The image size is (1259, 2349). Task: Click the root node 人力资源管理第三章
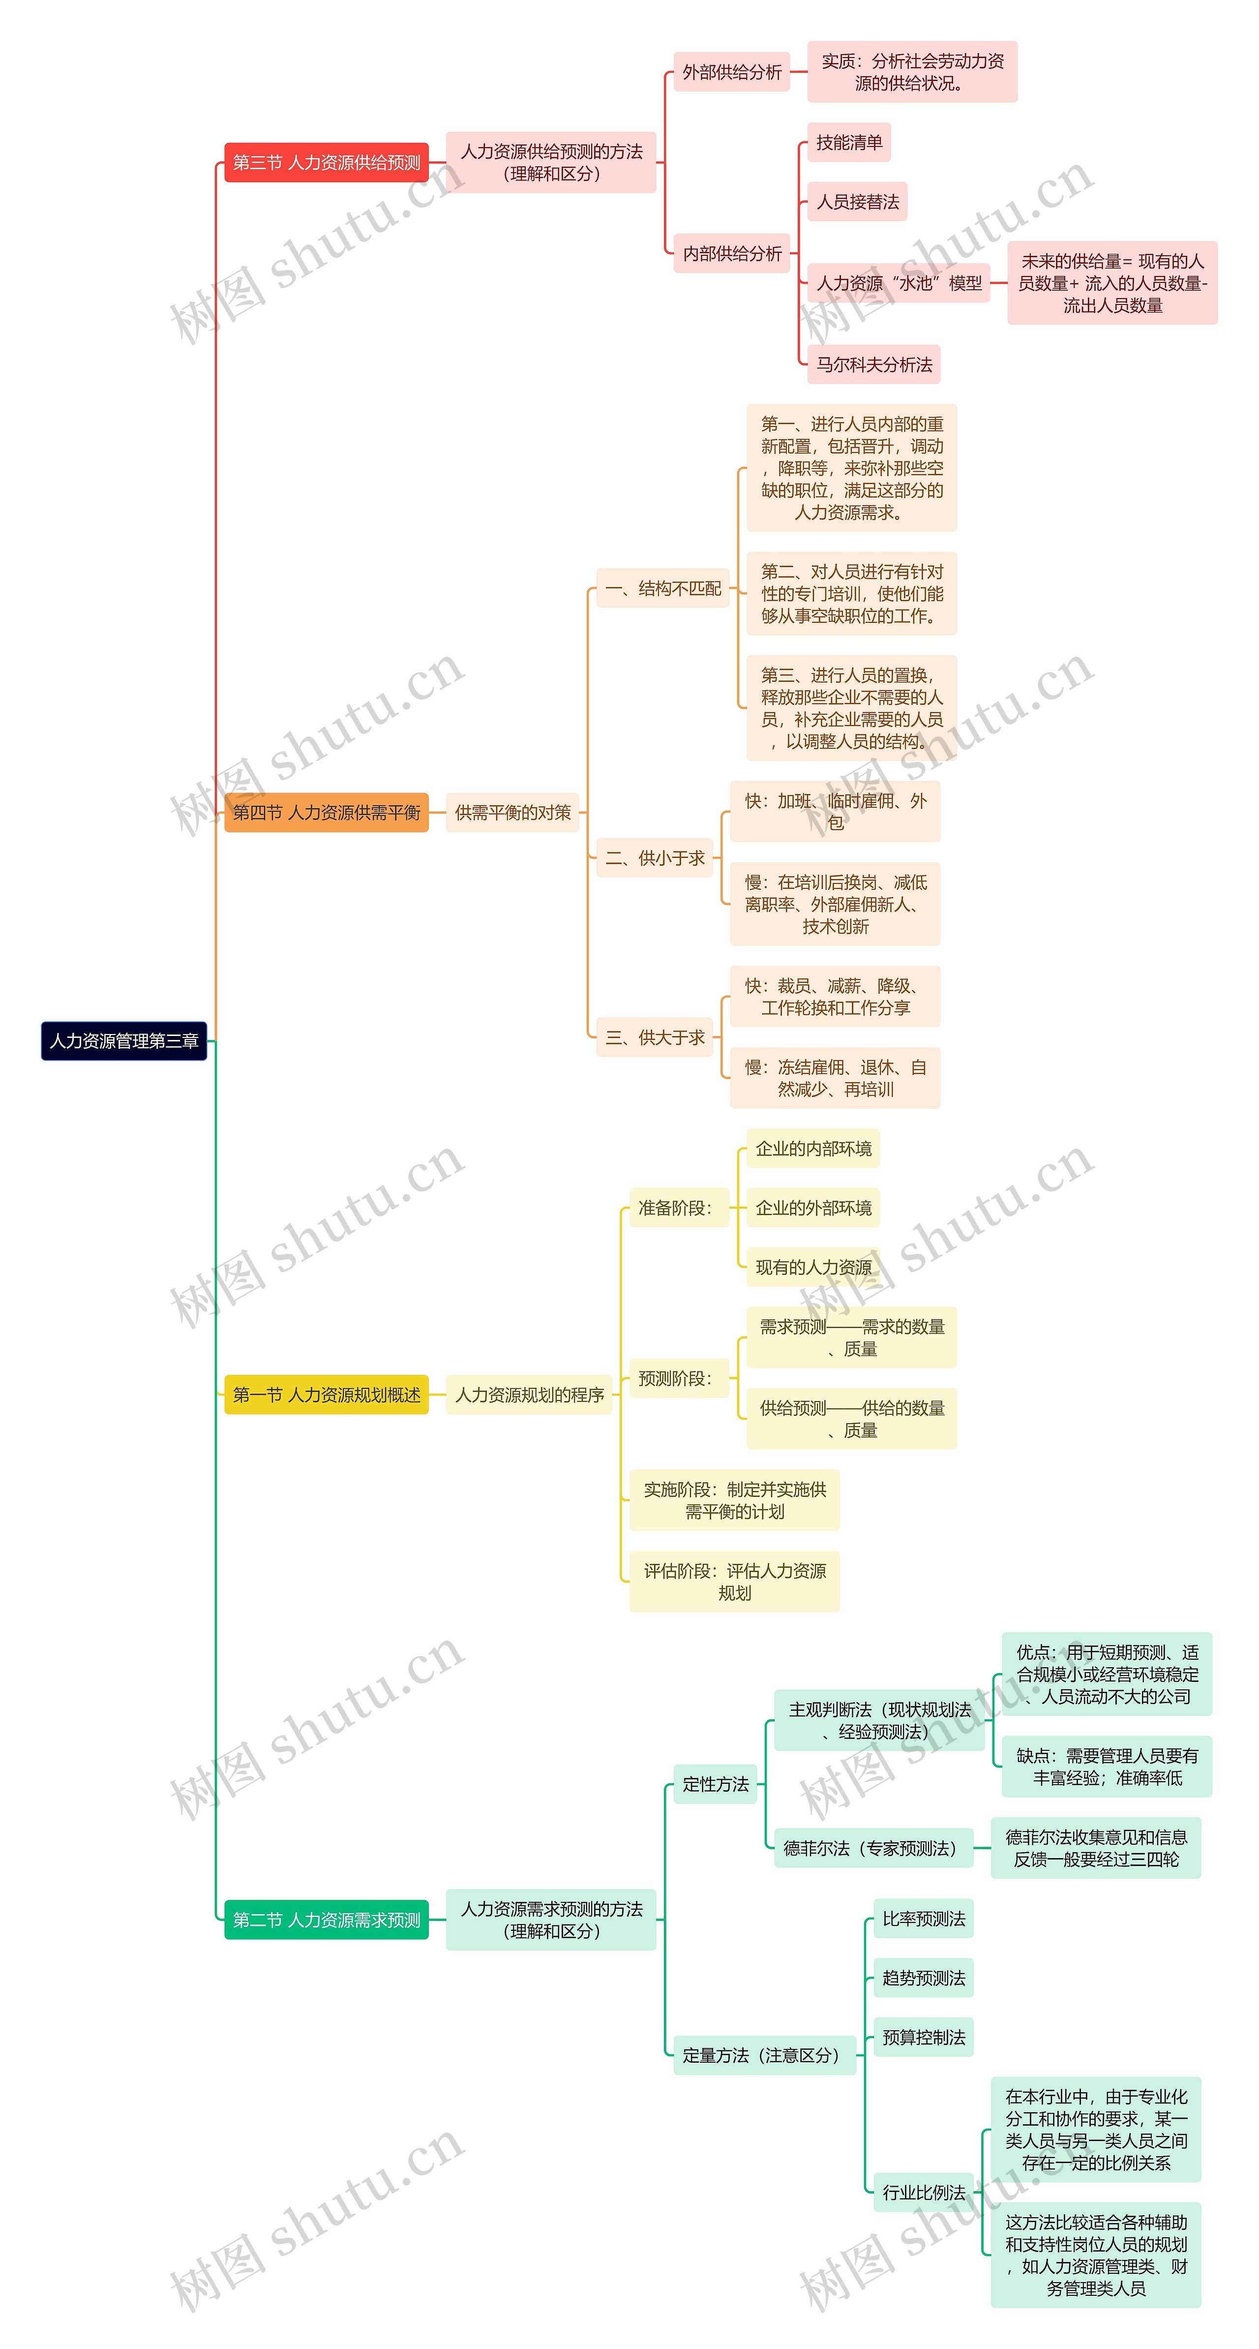(x=124, y=1040)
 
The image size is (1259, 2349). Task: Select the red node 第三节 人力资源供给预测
(x=327, y=162)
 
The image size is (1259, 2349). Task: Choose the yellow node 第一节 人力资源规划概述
(x=327, y=1394)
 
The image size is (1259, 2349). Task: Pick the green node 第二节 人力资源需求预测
(x=327, y=1920)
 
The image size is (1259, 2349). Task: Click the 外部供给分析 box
(x=732, y=72)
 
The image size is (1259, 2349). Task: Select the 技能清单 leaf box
(x=849, y=142)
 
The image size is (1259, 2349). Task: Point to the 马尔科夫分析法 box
(x=873, y=365)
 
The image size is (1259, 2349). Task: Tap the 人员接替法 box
(x=857, y=202)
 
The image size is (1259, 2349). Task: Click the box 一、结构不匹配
(x=663, y=588)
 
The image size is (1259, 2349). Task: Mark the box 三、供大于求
(x=655, y=1037)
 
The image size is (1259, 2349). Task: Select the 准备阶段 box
(x=675, y=1207)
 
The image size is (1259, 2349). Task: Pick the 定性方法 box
(x=716, y=1784)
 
